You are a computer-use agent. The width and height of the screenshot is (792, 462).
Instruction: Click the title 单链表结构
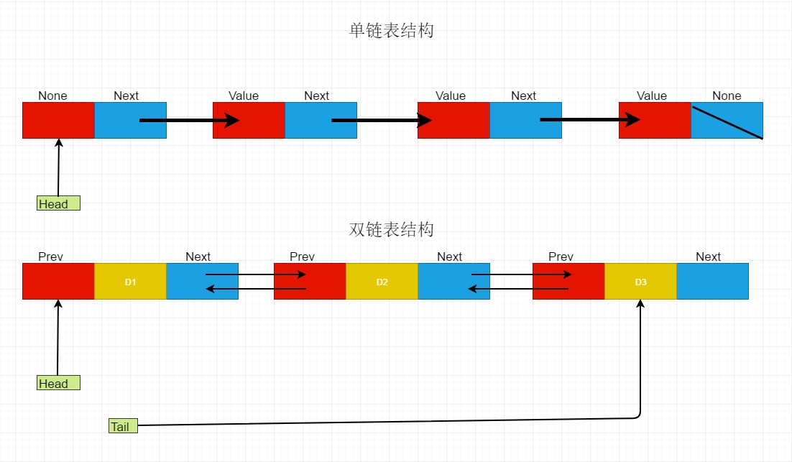point(392,31)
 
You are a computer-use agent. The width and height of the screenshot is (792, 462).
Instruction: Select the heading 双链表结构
point(392,230)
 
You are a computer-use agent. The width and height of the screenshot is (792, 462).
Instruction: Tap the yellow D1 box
point(130,282)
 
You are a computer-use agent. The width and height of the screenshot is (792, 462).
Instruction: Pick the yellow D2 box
point(382,282)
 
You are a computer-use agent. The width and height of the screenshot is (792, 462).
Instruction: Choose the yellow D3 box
point(640,282)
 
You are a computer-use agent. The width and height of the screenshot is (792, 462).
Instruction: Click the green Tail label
point(121,426)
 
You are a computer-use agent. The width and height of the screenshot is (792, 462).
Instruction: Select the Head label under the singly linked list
point(57,203)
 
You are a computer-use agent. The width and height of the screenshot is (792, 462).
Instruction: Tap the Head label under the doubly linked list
point(57,383)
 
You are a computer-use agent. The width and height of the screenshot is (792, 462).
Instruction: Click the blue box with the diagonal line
point(727,120)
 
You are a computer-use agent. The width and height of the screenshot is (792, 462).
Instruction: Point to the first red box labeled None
point(58,120)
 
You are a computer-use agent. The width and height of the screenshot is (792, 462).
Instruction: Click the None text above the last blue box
point(727,96)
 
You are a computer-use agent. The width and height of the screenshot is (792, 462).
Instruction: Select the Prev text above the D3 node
point(561,257)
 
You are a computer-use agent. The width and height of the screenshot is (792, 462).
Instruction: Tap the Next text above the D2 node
point(449,257)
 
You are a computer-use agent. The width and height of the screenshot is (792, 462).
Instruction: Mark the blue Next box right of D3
point(712,282)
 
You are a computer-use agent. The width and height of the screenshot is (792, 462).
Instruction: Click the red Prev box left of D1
point(58,282)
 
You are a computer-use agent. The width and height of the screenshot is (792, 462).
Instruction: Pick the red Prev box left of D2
point(310,282)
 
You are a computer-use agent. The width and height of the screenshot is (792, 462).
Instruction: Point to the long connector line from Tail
point(388,421)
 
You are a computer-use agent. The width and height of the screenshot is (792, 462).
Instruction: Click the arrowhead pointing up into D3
point(640,305)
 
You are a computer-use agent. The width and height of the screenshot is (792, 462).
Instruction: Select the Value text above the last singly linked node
point(652,96)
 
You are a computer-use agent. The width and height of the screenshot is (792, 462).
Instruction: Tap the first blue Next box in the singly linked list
point(130,120)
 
